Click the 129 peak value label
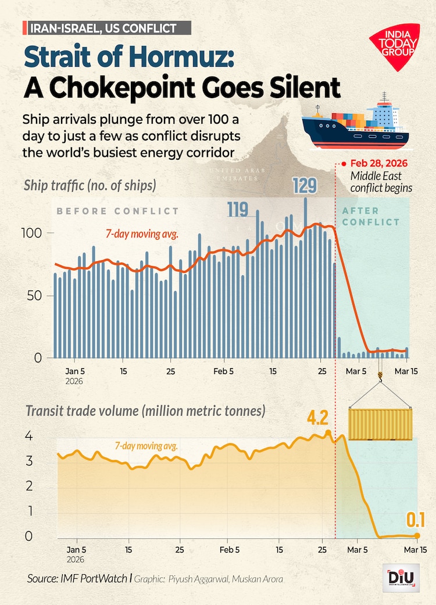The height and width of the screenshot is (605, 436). (x=305, y=186)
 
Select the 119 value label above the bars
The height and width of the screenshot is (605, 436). (x=238, y=209)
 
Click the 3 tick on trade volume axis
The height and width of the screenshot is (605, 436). (x=28, y=462)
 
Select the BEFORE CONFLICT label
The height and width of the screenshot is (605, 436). (x=117, y=211)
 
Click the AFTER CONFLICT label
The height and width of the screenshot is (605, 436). (x=371, y=216)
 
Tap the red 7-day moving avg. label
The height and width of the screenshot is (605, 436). (x=142, y=235)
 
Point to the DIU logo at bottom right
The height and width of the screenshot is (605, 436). (x=401, y=578)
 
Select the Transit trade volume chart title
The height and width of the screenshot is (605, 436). (x=145, y=411)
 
